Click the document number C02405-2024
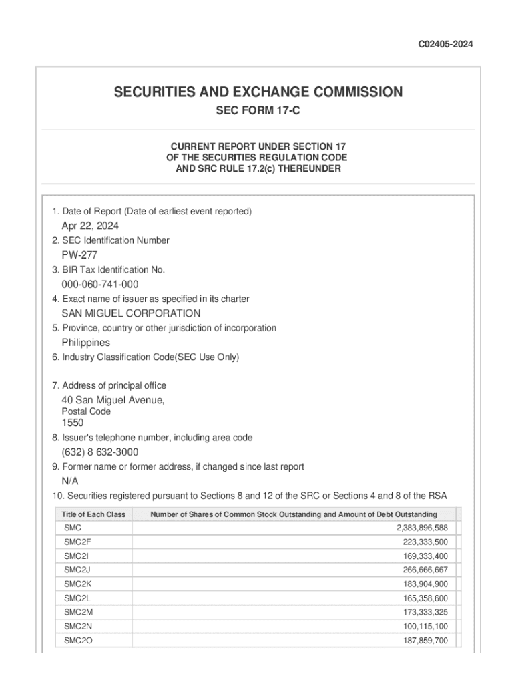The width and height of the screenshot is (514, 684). point(445,45)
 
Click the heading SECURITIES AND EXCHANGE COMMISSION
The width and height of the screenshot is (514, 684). point(258,92)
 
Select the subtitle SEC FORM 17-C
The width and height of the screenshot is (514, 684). point(258,111)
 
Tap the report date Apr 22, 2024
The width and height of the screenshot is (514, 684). point(90,226)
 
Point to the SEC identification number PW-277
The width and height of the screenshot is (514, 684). point(79,255)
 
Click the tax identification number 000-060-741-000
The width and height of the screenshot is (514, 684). point(100,285)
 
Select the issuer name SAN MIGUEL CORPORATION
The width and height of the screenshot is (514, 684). point(131,313)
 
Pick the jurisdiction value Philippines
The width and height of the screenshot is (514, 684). point(86,343)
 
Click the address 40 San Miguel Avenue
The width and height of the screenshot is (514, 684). point(113,400)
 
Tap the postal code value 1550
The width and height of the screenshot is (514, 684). point(73,423)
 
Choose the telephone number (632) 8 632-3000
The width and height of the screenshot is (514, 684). point(100,452)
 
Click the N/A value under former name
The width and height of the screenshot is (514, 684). point(70,481)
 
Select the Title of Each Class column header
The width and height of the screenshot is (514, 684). point(93,514)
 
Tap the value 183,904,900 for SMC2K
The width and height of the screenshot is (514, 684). point(420,584)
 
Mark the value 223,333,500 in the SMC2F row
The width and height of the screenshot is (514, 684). point(420,542)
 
